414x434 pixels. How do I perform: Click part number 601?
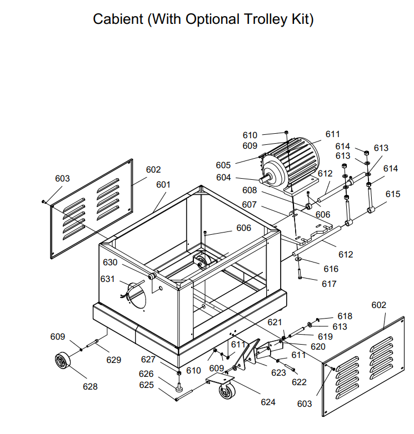tap(163, 184)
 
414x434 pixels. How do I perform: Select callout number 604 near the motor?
tap(223, 178)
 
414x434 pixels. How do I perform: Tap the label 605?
tap(223, 165)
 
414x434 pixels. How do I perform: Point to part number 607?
tap(249, 205)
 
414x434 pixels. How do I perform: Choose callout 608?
tap(250, 190)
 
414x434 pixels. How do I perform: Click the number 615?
tap(393, 194)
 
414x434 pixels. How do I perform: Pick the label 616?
tap(331, 269)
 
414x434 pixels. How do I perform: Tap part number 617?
tap(329, 284)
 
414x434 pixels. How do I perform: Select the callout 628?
tap(90, 387)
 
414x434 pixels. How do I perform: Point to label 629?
tap(114, 360)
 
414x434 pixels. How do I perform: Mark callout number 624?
tap(268, 402)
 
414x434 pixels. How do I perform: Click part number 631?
tap(107, 279)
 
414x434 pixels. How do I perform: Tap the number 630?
tap(110, 262)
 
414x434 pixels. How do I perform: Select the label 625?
tap(146, 385)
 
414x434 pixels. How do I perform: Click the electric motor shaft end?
tap(262, 179)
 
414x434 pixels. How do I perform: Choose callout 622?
tap(299, 382)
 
